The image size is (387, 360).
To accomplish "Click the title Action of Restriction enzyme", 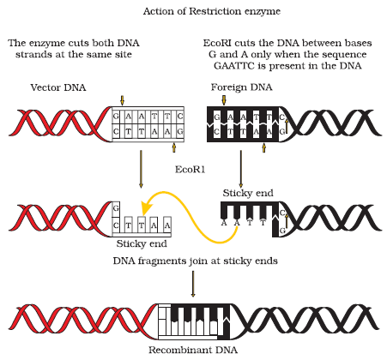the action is pos(212,11).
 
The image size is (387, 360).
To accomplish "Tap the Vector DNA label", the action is pos(58,87).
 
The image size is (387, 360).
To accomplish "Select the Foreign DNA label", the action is pos(241,87).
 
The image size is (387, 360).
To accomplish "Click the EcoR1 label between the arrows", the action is pos(190,170).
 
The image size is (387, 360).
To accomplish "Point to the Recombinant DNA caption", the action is pos(193,350).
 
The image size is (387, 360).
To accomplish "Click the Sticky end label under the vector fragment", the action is pos(142,243).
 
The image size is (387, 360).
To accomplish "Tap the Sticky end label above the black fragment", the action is pos(248,193).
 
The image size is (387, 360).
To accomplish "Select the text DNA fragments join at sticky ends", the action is pos(196,261).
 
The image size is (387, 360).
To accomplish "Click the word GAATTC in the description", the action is pos(234,66).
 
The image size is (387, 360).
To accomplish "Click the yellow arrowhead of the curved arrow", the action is pos(147,207).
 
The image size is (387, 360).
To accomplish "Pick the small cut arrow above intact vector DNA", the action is pos(123,100).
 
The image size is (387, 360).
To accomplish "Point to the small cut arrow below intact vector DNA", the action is pos(173,147).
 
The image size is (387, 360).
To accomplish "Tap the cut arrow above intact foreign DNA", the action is pos(224,100).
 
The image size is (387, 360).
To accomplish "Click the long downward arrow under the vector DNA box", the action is pos(141,169).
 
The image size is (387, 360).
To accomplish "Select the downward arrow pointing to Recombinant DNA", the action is pos(193,284).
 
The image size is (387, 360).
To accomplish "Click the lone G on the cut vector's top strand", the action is pos(116,208).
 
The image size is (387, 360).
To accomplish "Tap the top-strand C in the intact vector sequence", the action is pos(180,117).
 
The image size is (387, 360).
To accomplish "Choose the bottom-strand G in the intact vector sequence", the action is pos(180,132).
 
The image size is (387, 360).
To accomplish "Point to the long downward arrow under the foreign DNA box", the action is pos(241,169).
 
